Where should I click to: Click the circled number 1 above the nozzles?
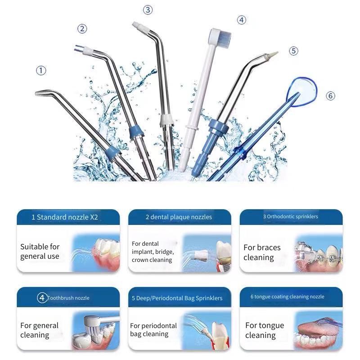point(41,71)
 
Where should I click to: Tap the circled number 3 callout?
point(148,10)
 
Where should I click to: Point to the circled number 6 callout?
point(330,96)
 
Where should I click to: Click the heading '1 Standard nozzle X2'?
point(65,217)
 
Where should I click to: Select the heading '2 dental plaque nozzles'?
point(179,217)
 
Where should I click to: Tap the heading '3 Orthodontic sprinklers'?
point(290,216)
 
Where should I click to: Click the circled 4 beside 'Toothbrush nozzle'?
point(42,298)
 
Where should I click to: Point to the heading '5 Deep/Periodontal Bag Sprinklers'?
point(177,298)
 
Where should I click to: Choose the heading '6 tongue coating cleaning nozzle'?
point(287,297)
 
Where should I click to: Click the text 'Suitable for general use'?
point(40,252)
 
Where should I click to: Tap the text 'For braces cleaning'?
point(262,252)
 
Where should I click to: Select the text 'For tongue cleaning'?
point(265,330)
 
